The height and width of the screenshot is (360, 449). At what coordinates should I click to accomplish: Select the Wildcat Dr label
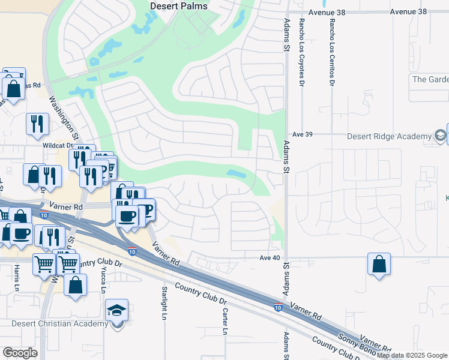[x=58, y=145]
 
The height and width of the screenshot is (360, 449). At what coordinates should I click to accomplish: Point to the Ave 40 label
[x=270, y=257]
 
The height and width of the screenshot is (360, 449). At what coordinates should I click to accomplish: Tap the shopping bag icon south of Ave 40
[x=379, y=264]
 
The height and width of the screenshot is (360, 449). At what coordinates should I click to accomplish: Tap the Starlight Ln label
[x=164, y=303]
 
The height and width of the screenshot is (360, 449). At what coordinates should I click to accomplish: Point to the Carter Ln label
[x=225, y=322]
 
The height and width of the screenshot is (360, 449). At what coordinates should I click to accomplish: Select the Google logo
[x=20, y=353]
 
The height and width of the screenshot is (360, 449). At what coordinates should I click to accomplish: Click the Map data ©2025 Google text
[x=412, y=355]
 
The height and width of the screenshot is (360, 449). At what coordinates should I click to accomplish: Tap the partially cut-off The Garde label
[x=430, y=79]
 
